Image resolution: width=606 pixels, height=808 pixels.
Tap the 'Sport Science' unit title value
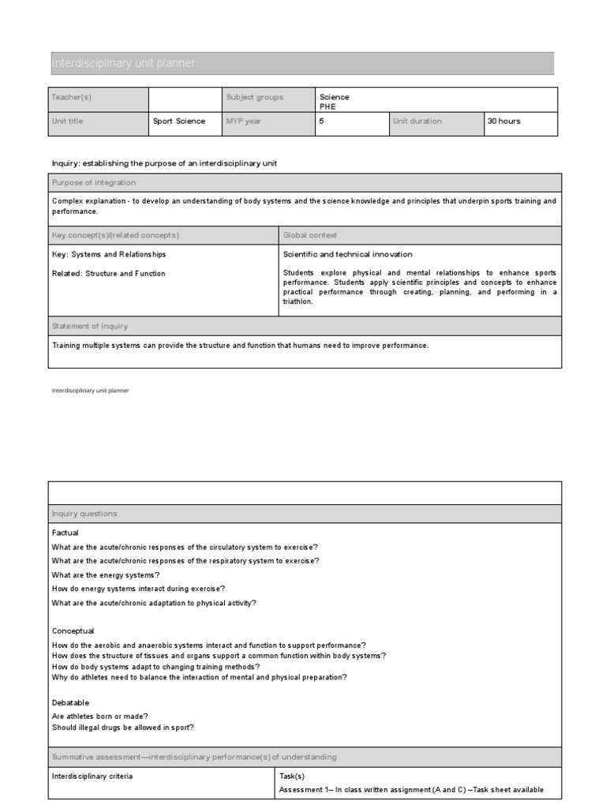[179, 122]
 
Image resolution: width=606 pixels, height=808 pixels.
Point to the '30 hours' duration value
[504, 122]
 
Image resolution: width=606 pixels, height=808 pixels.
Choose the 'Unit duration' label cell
[417, 122]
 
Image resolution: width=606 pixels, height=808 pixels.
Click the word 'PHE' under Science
[327, 106]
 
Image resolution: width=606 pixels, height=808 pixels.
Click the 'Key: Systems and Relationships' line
[109, 255]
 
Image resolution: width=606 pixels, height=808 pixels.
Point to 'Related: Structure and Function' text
[109, 274]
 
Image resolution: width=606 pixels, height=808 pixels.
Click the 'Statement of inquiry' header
[90, 326]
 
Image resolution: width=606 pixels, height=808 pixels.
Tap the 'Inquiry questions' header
[84, 514]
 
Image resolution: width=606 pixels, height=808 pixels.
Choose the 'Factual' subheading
[65, 533]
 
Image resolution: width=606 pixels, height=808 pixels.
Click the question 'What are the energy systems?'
[106, 575]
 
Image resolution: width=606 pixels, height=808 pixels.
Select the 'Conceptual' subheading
[73, 631]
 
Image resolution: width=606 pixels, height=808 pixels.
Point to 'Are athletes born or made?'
[100, 716]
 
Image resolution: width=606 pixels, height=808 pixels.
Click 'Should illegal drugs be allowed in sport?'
[123, 728]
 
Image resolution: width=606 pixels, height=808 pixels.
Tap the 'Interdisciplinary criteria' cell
[92, 776]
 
